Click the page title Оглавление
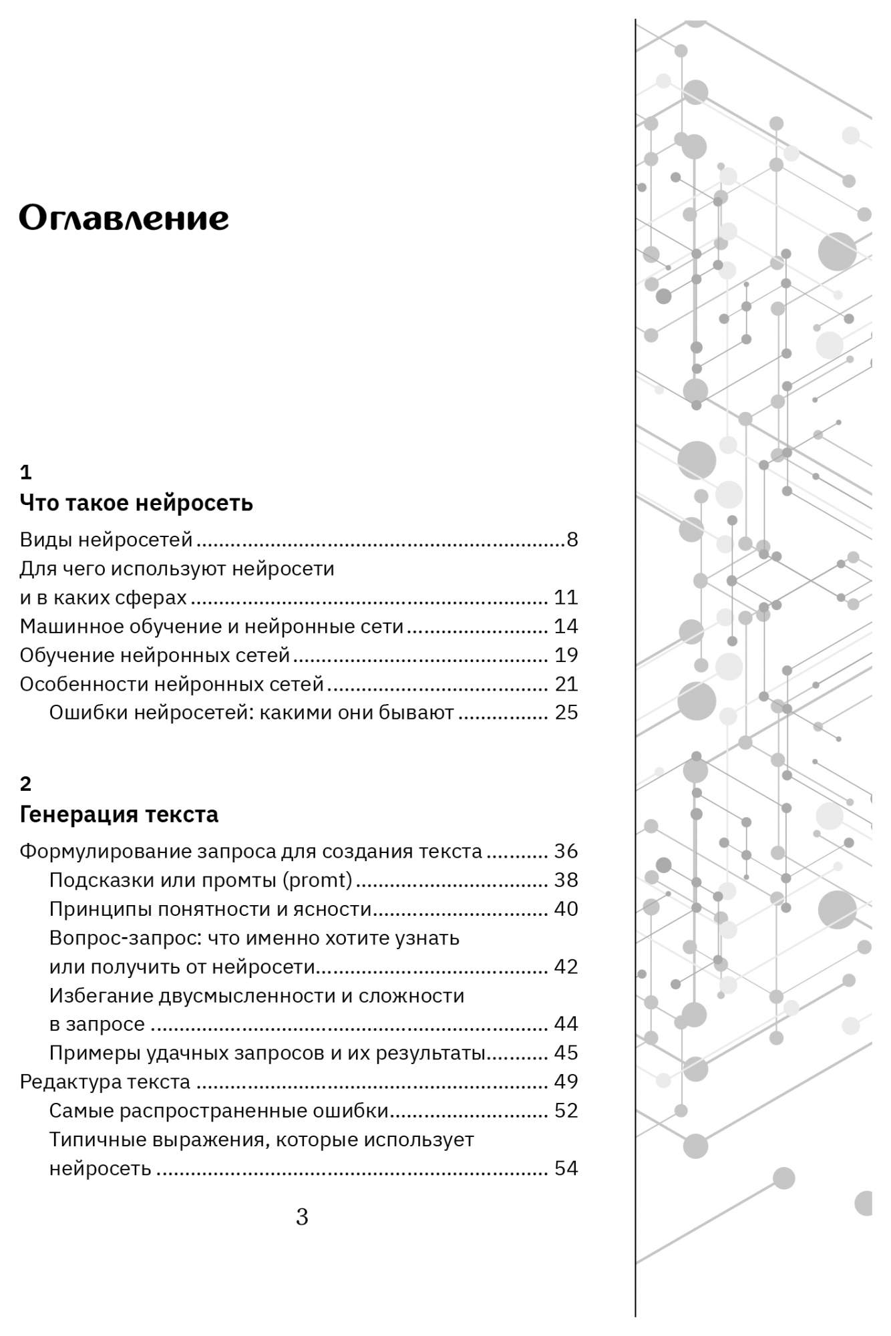(x=124, y=218)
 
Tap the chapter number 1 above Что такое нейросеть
(x=25, y=473)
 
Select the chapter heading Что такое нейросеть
(x=136, y=502)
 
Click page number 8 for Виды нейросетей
(x=572, y=539)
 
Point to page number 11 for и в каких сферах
(x=566, y=597)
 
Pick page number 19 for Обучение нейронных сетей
(x=566, y=655)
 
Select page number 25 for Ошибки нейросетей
(x=566, y=713)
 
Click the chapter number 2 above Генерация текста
(x=25, y=784)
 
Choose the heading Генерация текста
(x=119, y=814)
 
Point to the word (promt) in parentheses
(x=317, y=880)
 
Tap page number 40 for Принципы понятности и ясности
(x=566, y=909)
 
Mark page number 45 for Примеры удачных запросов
(x=566, y=1053)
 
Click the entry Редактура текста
(x=105, y=1081)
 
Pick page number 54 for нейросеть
(x=566, y=1168)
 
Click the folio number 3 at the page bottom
(x=302, y=1217)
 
